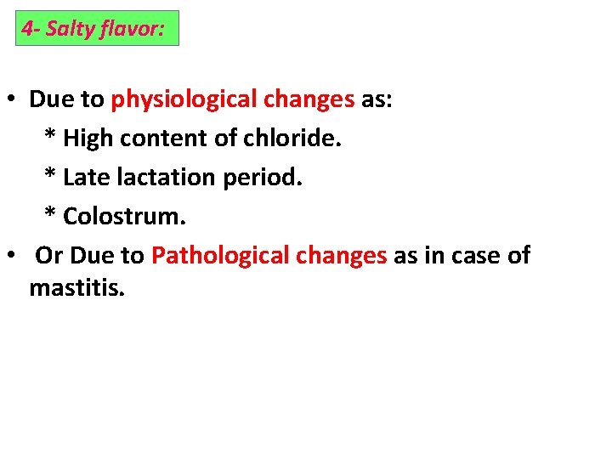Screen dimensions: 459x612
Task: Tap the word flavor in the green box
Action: pos(128,29)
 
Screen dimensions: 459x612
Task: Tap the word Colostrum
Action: pos(124,216)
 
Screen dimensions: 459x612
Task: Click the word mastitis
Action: pos(77,287)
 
